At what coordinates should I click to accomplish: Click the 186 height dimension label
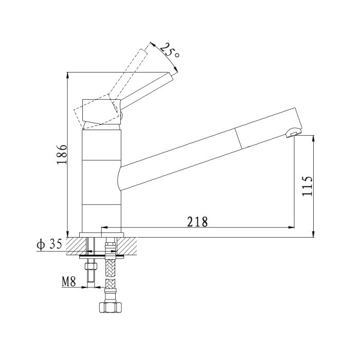[62, 154]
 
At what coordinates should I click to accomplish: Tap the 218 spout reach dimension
[197, 222]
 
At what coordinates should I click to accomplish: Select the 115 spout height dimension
[307, 186]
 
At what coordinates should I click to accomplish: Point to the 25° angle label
[169, 50]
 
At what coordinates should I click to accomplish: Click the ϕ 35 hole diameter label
[49, 244]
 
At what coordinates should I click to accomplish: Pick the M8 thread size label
[68, 281]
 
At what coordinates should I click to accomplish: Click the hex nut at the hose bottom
[110, 307]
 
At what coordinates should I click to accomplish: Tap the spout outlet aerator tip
[294, 133]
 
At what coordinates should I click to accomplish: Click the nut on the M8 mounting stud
[91, 266]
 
